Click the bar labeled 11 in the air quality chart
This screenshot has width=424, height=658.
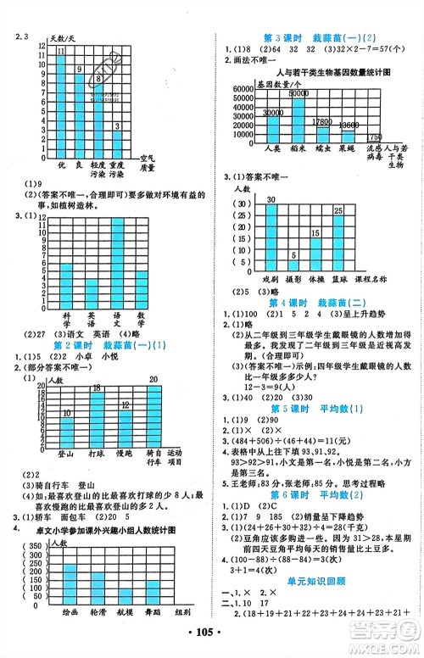[x=60, y=101]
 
